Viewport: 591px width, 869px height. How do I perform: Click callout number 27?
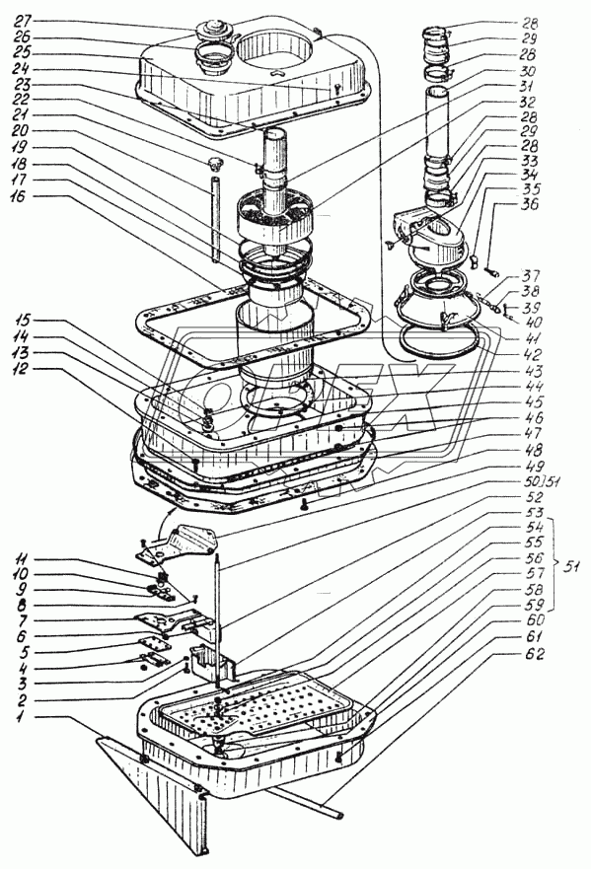[x=25, y=23]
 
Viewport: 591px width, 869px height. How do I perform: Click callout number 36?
[x=530, y=205]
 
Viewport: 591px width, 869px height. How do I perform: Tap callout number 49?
[x=530, y=466]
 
